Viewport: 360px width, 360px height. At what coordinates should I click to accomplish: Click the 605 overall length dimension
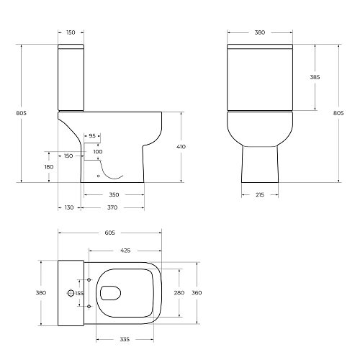coord(109,233)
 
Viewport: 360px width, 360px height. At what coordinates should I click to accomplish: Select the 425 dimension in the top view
coord(125,251)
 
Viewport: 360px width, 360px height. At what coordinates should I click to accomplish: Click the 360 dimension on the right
coord(196,292)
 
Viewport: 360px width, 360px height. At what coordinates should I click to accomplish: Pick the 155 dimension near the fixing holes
coord(79,293)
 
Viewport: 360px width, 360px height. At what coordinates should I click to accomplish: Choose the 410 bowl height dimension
coord(181,147)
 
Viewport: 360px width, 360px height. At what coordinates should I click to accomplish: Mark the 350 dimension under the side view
coord(114,195)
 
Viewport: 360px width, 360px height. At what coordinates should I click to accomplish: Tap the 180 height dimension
coord(49,167)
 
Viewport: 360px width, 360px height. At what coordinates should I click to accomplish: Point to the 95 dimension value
coord(92,135)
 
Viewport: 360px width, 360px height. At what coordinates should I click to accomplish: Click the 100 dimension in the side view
coord(98,152)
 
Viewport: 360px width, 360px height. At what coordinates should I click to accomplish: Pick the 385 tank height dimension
coord(315,77)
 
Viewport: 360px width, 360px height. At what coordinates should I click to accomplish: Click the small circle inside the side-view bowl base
coord(99,175)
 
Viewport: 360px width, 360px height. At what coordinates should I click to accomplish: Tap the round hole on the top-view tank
coord(70,293)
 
